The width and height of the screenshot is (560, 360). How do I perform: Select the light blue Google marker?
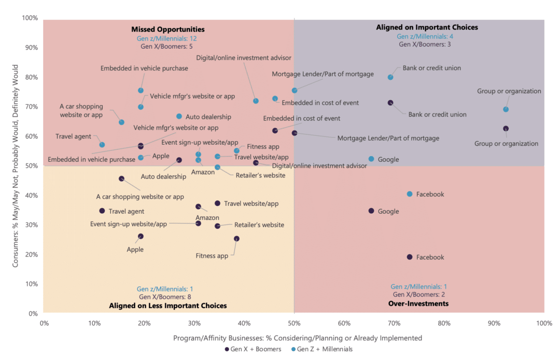[x=371, y=159]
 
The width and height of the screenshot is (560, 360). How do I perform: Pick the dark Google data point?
[x=371, y=211]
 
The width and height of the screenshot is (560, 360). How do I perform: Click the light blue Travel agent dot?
[x=102, y=145]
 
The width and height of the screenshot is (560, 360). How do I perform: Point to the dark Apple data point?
[x=141, y=237]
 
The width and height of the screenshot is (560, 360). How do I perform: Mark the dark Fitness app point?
[x=236, y=239]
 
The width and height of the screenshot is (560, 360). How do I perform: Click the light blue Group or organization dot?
[x=506, y=109]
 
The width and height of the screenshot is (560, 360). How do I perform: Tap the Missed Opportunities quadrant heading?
[x=168, y=29]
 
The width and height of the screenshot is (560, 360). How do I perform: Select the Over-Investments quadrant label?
[x=418, y=303]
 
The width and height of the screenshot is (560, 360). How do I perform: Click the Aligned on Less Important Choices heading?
[x=168, y=306]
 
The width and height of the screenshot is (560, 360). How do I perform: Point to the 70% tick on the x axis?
[x=394, y=323]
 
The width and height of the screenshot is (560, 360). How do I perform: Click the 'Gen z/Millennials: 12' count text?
[x=167, y=38]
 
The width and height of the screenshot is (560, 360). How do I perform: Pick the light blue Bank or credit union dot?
[x=390, y=77]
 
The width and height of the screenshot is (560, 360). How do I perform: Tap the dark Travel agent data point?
[x=102, y=211]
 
